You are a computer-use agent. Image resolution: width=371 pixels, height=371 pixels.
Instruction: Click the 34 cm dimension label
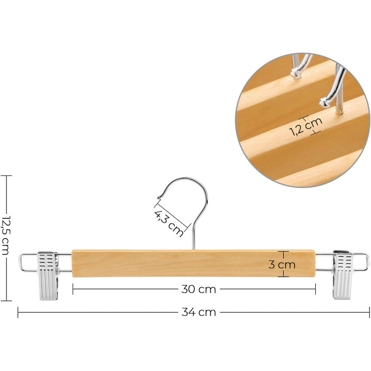tap(199, 312)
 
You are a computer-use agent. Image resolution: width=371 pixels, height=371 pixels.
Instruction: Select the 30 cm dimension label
tap(199, 289)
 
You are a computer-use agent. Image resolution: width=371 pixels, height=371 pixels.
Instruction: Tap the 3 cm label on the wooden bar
tap(282, 264)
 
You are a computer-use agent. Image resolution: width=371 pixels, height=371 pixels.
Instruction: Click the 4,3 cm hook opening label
tap(169, 223)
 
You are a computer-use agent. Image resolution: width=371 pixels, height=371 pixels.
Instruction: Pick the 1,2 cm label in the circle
tap(306, 126)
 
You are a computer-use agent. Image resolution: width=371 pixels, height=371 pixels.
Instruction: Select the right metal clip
tap(342, 275)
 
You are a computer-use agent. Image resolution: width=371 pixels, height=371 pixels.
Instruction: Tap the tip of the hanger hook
tap(158, 197)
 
